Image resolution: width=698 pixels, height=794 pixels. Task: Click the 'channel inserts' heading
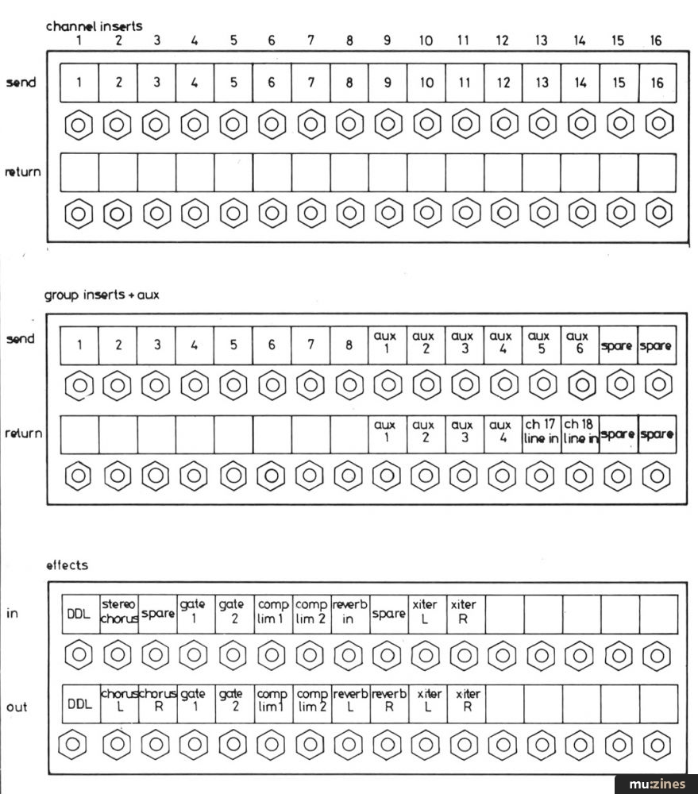tap(94, 25)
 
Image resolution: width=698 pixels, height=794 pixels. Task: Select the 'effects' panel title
tap(67, 565)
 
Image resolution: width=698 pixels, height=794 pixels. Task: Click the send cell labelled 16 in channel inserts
tap(658, 83)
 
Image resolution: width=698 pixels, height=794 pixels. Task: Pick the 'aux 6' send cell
tap(580, 345)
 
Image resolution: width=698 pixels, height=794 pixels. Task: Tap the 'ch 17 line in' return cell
tap(542, 434)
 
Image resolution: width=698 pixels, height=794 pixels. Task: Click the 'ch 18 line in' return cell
tap(580, 434)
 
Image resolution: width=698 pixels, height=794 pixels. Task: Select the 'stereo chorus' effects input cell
tap(119, 614)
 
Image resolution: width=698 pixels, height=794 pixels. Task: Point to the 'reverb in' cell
tap(349, 614)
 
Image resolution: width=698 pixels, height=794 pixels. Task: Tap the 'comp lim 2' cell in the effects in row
tap(311, 614)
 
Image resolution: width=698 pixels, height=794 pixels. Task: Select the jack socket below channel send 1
tap(80, 125)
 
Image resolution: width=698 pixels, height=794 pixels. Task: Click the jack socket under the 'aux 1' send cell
tap(388, 386)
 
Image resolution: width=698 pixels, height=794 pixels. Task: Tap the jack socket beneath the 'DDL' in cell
tap(80, 656)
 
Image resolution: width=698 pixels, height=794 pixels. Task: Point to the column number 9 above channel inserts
tap(388, 40)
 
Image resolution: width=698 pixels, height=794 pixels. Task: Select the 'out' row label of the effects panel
tap(17, 707)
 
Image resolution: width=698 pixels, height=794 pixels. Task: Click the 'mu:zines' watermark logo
tap(657, 784)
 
